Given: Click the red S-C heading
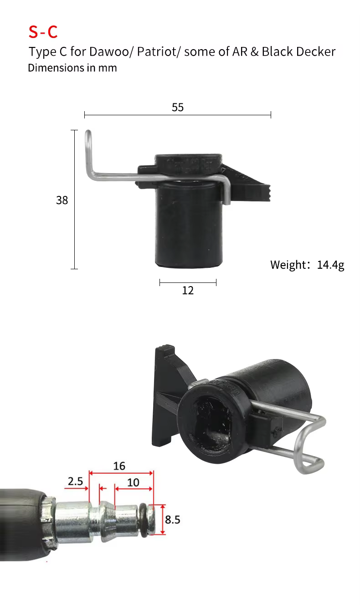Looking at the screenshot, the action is click(x=43, y=32).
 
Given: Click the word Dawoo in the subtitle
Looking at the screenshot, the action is click(x=109, y=51).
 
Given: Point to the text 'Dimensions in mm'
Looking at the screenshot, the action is click(x=72, y=68).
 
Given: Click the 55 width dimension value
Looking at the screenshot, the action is click(x=178, y=107).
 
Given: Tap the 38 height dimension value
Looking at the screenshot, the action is click(x=62, y=200).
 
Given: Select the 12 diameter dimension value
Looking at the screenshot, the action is click(x=188, y=290).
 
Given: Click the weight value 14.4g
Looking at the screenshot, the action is click(x=330, y=265).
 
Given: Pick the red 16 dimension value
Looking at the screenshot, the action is click(x=119, y=466).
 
